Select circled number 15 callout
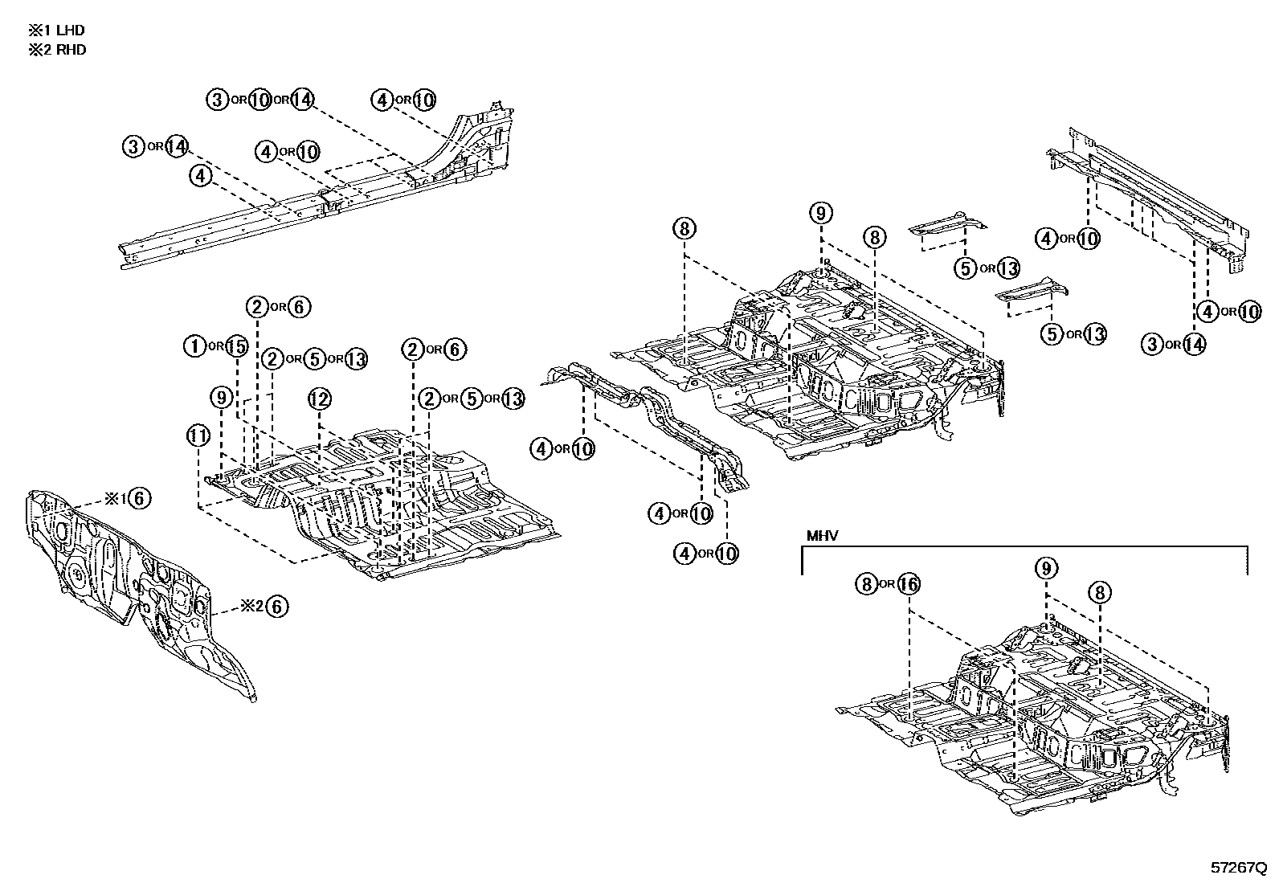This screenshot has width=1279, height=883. [x=236, y=346]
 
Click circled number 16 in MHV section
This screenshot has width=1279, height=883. [x=908, y=584]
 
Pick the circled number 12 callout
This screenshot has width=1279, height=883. [x=319, y=399]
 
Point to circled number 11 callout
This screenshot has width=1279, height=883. [x=198, y=436]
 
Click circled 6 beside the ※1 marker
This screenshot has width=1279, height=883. [x=138, y=498]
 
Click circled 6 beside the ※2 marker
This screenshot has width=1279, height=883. [x=276, y=607]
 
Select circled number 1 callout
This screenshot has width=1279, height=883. [x=194, y=346]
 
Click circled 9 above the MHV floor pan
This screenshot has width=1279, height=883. [x=1045, y=569]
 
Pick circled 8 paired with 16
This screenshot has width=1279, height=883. [x=865, y=584]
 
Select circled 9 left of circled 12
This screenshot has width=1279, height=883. [x=223, y=398]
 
